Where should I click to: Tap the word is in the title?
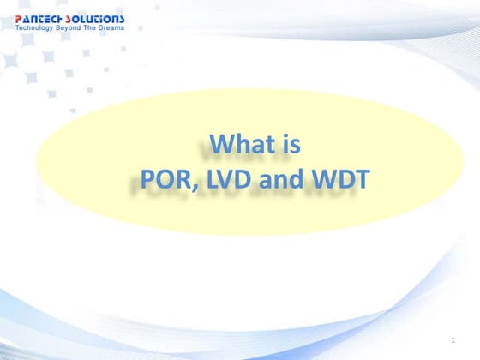pyautogui.click(x=290, y=144)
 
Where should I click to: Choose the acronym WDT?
pyautogui.click(x=335, y=180)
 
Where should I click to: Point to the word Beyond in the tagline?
pyautogui.click(x=72, y=27)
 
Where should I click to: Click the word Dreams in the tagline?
pyautogui.click(x=111, y=27)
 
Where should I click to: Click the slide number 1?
pyautogui.click(x=452, y=341)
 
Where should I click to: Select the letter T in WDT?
pyautogui.click(x=356, y=180)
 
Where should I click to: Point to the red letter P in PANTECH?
pyautogui.click(x=18, y=18)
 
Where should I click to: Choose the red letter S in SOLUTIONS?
pyautogui.click(x=71, y=18)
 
